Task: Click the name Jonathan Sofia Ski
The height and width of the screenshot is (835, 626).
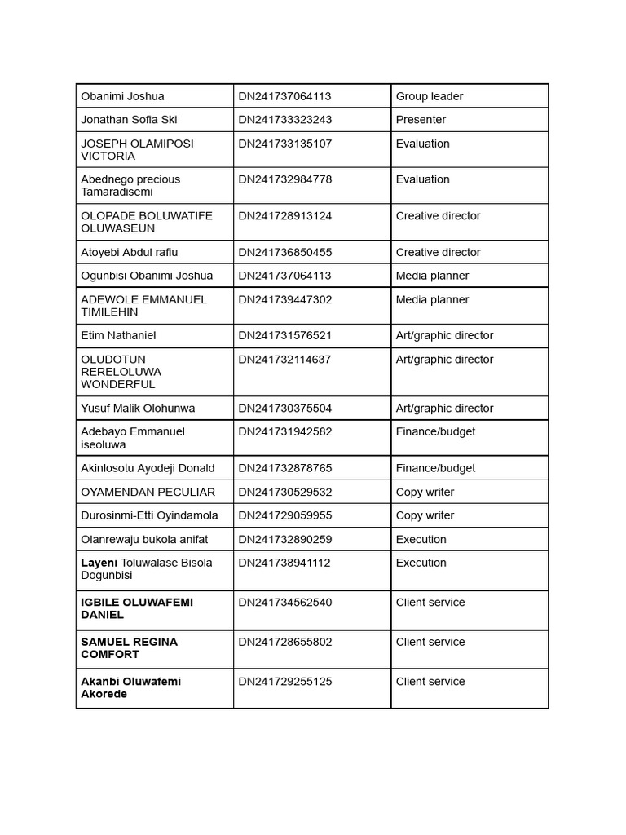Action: click(129, 120)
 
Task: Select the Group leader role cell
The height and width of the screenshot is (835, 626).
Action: click(429, 96)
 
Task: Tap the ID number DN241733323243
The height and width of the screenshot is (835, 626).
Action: click(284, 120)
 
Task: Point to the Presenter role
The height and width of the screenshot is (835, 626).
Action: click(421, 120)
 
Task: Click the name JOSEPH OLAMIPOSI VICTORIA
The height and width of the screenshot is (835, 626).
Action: click(137, 149)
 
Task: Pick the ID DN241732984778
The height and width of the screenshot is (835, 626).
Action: click(284, 179)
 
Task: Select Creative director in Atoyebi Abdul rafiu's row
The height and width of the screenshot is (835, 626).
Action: click(438, 253)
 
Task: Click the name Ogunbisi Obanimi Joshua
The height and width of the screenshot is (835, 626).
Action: click(147, 276)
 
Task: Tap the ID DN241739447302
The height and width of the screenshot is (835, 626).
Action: click(284, 300)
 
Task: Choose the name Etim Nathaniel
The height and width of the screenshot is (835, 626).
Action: click(118, 335)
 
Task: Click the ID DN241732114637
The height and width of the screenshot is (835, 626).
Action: click(284, 360)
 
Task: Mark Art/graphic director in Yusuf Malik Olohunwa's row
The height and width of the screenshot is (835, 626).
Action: click(444, 409)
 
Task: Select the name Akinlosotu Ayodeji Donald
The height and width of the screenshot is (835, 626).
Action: click(148, 468)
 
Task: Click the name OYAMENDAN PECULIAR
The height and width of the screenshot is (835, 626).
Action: click(148, 493)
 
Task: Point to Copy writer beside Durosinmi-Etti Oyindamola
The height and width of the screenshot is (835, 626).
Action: click(425, 515)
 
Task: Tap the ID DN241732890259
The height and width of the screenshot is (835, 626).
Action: click(284, 540)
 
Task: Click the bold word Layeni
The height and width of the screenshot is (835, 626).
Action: click(99, 563)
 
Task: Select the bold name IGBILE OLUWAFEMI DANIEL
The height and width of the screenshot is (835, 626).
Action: click(137, 608)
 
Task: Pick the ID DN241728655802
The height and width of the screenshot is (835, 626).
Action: click(284, 643)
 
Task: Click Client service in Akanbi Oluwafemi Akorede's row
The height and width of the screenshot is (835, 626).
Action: click(430, 682)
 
